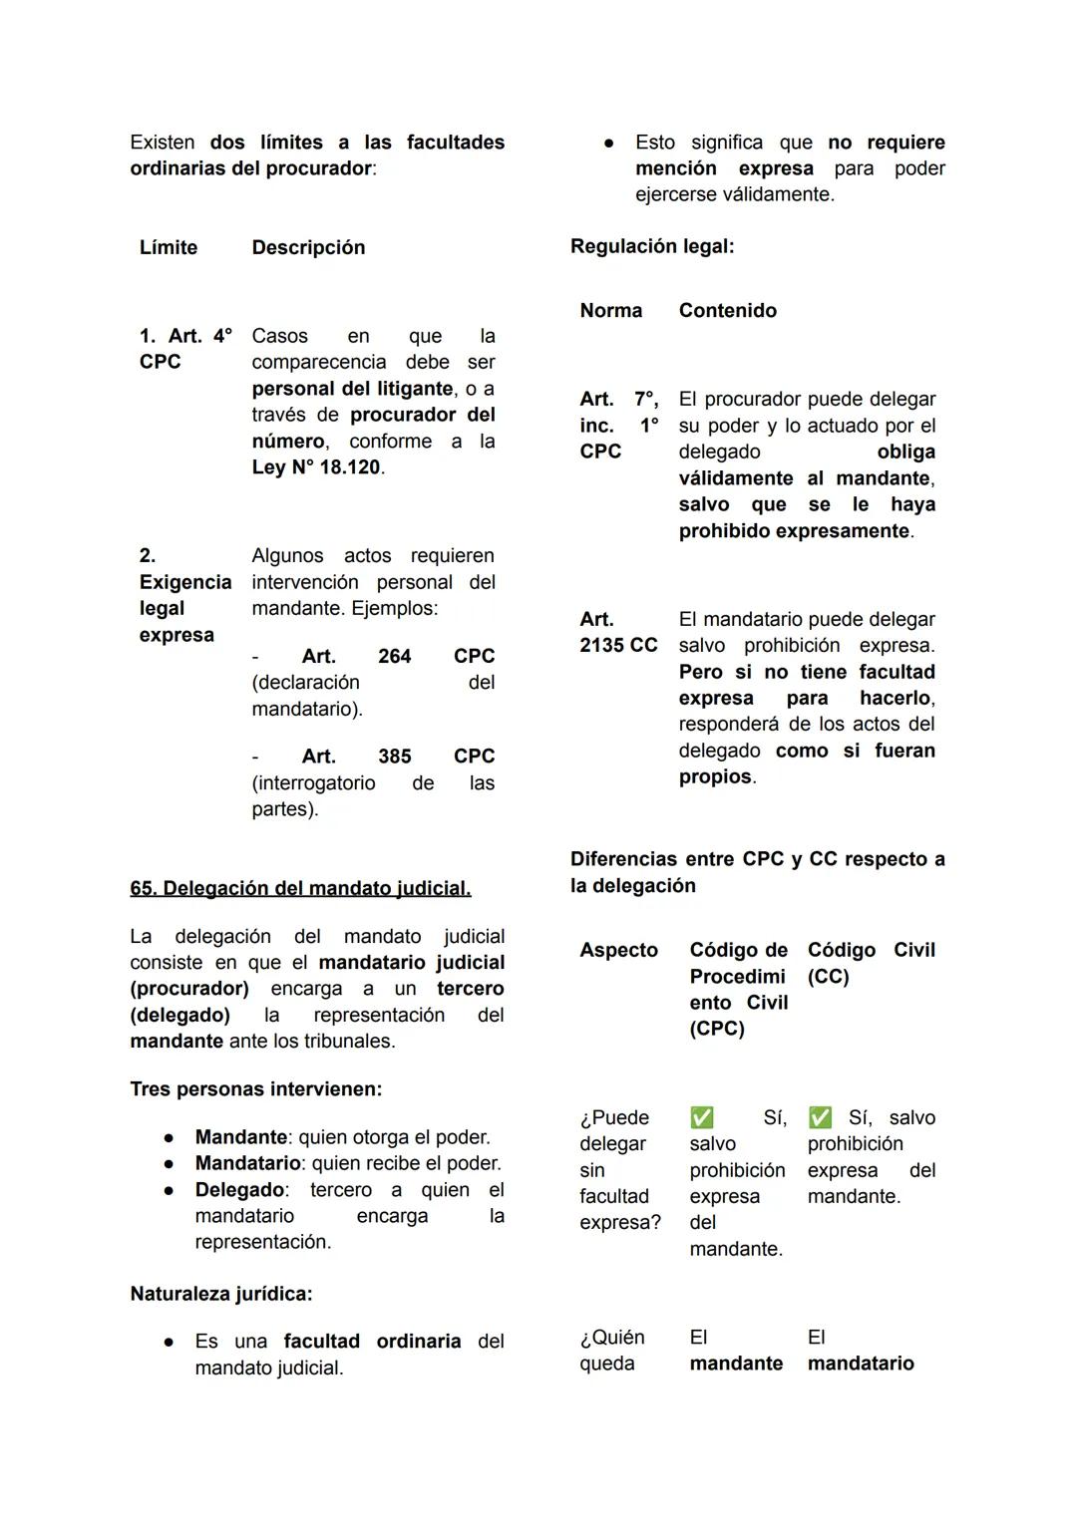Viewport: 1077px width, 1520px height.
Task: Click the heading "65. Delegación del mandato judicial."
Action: point(300,888)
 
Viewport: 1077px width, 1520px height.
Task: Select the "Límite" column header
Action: point(169,247)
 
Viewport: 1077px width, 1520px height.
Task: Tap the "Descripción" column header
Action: point(308,247)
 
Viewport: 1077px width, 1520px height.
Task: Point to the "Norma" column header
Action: point(611,310)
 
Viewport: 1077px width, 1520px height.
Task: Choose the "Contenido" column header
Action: point(728,310)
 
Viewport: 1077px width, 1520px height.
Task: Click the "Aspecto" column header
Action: point(619,950)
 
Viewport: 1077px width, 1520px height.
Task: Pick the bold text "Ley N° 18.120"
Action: point(316,467)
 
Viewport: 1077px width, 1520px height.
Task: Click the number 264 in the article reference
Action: point(395,656)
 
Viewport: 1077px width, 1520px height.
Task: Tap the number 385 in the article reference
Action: point(395,757)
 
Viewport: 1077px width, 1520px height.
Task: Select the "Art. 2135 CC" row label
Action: point(618,632)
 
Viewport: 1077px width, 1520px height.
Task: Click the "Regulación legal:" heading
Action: point(652,246)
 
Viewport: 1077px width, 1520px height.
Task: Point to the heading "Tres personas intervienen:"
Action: point(256,1089)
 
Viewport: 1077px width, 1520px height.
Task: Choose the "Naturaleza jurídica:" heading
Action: point(221,1294)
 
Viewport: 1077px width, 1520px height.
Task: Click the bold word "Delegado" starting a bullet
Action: point(239,1190)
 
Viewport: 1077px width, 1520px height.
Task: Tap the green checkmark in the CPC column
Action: point(702,1117)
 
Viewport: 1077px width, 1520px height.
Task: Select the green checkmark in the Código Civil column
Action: point(820,1117)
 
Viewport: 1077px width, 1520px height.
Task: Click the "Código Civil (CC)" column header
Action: point(871,963)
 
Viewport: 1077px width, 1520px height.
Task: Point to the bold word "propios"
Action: point(715,776)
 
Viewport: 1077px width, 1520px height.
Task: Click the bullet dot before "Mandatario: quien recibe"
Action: point(171,1163)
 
